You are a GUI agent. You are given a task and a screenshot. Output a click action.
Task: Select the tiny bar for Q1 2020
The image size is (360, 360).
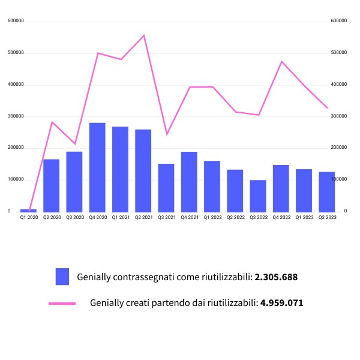28,210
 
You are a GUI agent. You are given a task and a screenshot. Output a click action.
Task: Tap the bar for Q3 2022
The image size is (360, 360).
258,196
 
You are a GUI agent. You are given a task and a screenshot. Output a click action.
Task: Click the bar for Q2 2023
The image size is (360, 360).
327,191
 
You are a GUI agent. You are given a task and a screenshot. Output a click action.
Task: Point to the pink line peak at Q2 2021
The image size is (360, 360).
144,35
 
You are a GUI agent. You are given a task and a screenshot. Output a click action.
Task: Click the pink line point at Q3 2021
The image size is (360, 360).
167,134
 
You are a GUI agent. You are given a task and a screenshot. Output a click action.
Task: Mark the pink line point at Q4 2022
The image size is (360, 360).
281,61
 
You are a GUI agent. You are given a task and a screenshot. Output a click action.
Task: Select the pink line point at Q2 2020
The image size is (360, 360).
52,122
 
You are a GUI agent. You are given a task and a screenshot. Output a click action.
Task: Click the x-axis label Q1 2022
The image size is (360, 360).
212,217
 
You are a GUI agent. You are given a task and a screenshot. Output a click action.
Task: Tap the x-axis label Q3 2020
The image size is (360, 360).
74,217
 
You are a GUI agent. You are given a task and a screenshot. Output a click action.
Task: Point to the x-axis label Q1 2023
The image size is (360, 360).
304,217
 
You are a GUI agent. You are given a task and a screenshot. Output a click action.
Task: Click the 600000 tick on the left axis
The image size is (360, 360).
16,21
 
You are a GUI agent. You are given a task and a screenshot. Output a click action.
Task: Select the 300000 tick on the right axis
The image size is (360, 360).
339,116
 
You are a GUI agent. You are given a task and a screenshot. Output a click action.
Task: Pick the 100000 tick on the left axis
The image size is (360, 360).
16,179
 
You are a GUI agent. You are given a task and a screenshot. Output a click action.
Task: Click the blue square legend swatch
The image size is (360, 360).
62,277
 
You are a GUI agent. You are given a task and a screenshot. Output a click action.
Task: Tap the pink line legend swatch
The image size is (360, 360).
62,304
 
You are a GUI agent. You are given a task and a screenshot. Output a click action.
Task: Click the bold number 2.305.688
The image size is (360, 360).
276,277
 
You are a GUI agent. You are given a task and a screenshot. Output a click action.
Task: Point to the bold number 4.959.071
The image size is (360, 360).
281,303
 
